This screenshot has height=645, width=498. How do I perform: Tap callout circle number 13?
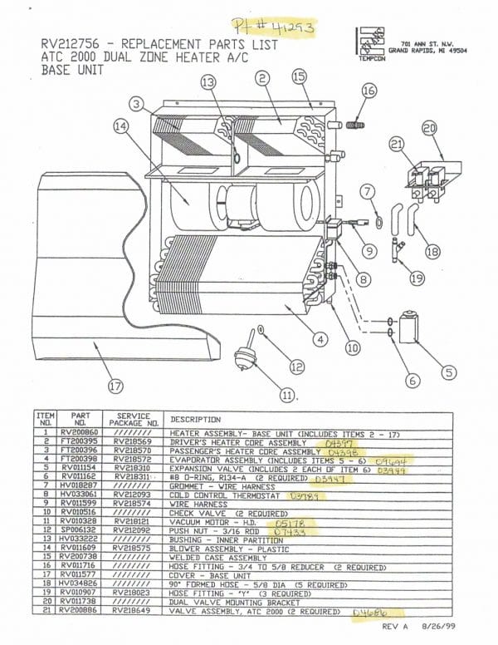pos(207,81)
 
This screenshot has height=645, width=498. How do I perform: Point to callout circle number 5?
pos(448,372)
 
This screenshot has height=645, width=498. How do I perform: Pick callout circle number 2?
pos(262,79)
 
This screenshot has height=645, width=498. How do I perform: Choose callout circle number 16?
pos(369,91)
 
